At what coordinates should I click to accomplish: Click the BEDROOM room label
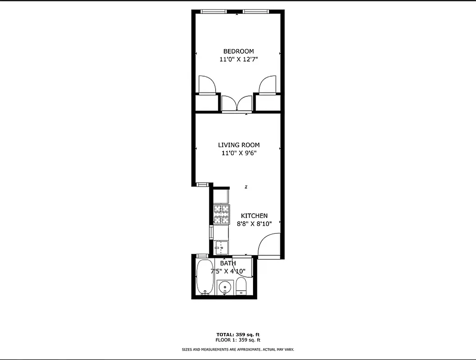click(x=238, y=51)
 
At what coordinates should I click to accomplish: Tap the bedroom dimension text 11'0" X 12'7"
click(x=238, y=59)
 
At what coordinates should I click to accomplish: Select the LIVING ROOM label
click(x=239, y=145)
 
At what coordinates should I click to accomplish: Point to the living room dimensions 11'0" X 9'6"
click(x=239, y=153)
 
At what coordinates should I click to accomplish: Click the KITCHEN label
click(x=254, y=216)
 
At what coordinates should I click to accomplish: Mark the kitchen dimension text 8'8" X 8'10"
click(x=254, y=224)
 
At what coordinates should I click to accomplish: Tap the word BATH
click(x=228, y=263)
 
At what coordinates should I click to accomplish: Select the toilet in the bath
click(x=242, y=286)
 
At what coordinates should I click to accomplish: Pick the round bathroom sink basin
click(x=224, y=287)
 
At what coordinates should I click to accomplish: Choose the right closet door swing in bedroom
click(x=267, y=85)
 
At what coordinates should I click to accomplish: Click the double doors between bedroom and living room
click(x=237, y=103)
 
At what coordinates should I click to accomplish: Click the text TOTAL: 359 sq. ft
click(x=238, y=334)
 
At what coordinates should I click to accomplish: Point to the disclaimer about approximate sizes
click(x=238, y=349)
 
